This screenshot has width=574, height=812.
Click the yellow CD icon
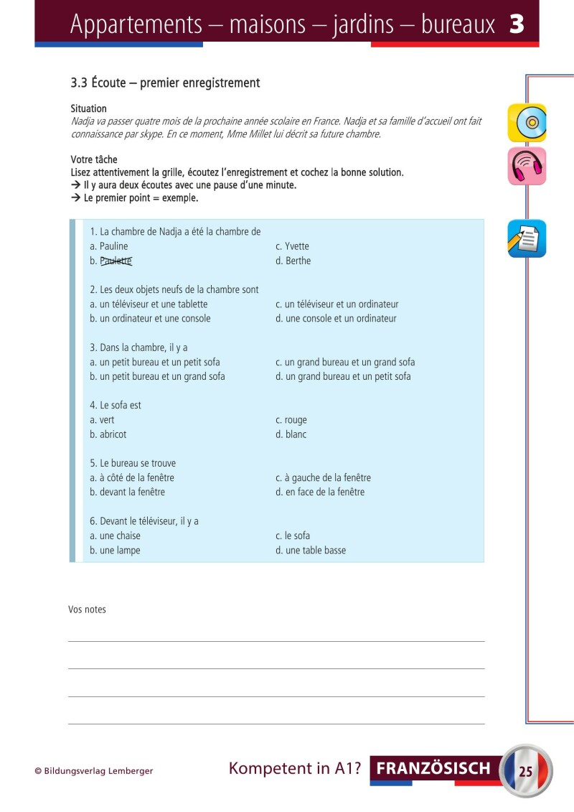point(527,123)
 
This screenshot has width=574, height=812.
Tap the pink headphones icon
point(527,166)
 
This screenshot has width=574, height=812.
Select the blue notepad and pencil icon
point(527,239)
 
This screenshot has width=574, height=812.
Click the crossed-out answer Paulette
point(116,261)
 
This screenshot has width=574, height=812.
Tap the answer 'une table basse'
point(315,551)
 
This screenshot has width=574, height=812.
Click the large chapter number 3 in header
point(516,24)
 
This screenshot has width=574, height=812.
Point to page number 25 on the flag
point(525,772)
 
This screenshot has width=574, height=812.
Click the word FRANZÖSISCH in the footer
point(433,769)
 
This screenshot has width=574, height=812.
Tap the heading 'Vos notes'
point(87,610)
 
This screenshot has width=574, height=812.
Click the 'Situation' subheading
point(89,108)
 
